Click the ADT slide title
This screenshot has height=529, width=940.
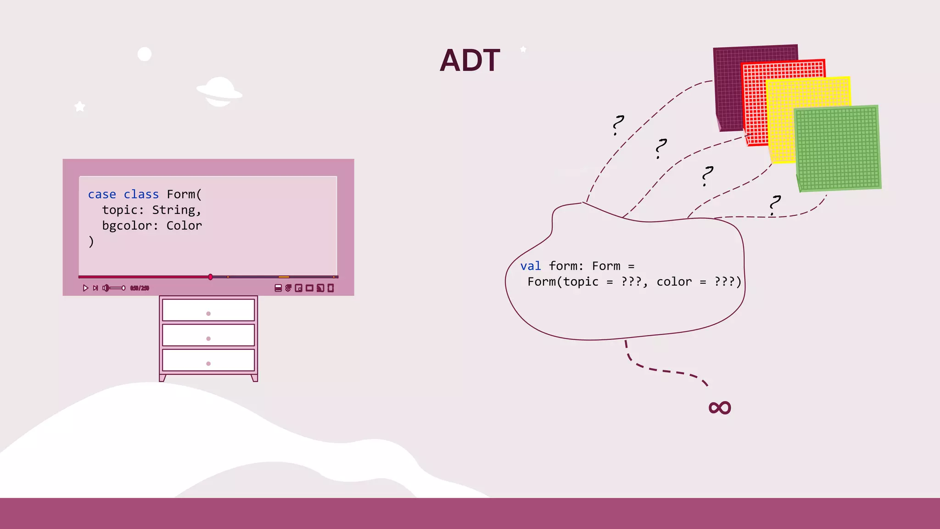[x=470, y=61]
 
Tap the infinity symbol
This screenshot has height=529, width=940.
[x=719, y=407]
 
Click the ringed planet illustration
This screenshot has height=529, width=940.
[x=219, y=91]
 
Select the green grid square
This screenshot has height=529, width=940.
[x=838, y=148]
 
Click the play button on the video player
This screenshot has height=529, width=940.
[x=85, y=288]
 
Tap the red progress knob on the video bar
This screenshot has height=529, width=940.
[x=210, y=277]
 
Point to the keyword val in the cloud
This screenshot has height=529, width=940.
[x=531, y=266]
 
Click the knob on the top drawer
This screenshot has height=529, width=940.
[x=208, y=314]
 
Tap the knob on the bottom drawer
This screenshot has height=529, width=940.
[x=208, y=364]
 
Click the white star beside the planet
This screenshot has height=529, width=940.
[x=80, y=107]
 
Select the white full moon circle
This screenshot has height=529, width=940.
[x=145, y=54]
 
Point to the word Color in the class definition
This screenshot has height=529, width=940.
[x=184, y=225]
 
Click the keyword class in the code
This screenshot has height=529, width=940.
[x=141, y=194]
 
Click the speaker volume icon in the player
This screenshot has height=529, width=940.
[x=106, y=288]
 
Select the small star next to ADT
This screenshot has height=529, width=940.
[x=523, y=49]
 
